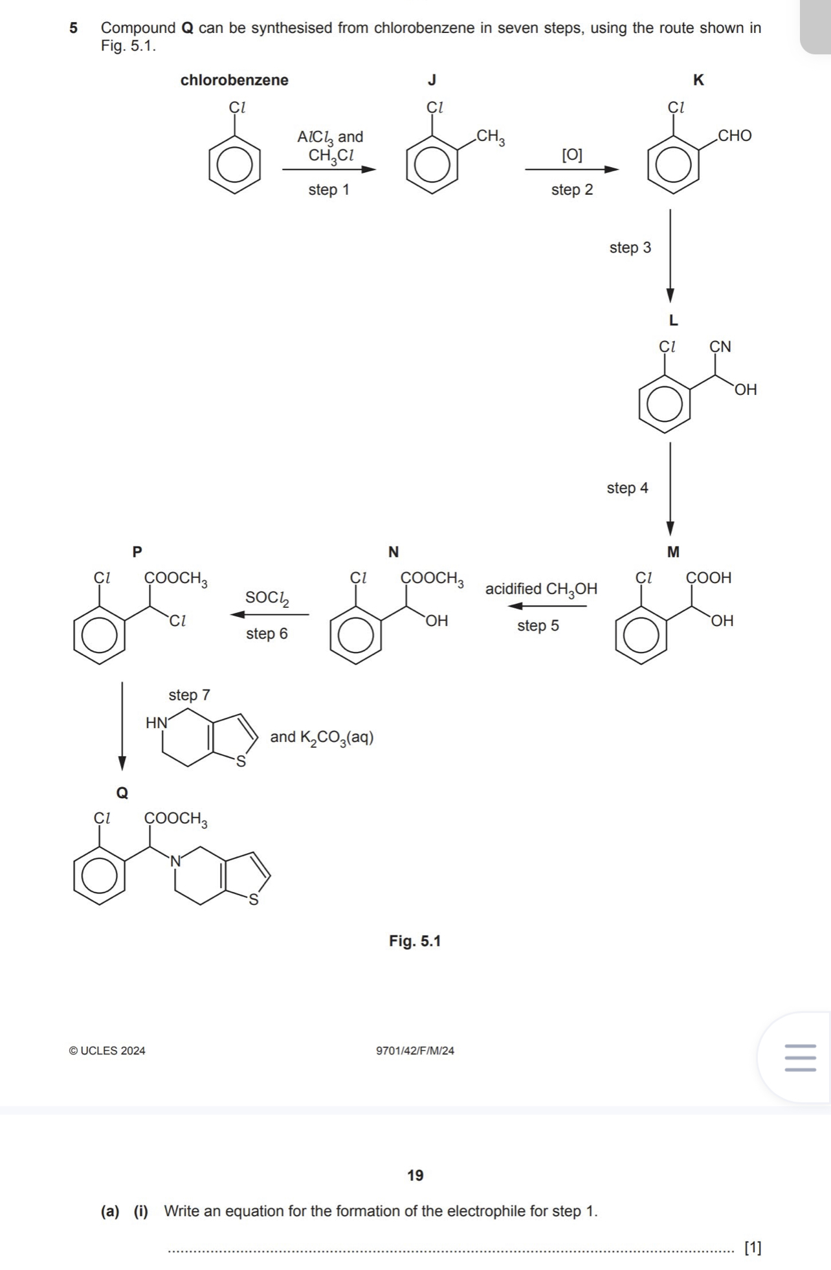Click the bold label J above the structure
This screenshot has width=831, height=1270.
point(432,80)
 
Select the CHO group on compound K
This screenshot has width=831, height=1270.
point(735,136)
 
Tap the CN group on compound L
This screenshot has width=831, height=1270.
point(720,347)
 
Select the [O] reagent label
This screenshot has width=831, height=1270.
point(571,155)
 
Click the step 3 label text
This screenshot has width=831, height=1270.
point(630,248)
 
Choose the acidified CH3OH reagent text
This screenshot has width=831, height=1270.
point(541,590)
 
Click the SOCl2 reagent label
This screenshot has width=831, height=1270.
point(267,598)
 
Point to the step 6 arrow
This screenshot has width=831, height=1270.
point(269,614)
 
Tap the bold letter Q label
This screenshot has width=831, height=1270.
point(122,793)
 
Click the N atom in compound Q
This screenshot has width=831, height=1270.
point(175,861)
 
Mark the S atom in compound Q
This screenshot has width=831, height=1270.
point(254,900)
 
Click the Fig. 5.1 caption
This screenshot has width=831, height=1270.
point(414,941)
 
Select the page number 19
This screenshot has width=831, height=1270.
point(415,1175)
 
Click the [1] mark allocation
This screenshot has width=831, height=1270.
point(753,1247)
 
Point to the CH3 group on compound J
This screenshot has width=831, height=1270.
point(491,137)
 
